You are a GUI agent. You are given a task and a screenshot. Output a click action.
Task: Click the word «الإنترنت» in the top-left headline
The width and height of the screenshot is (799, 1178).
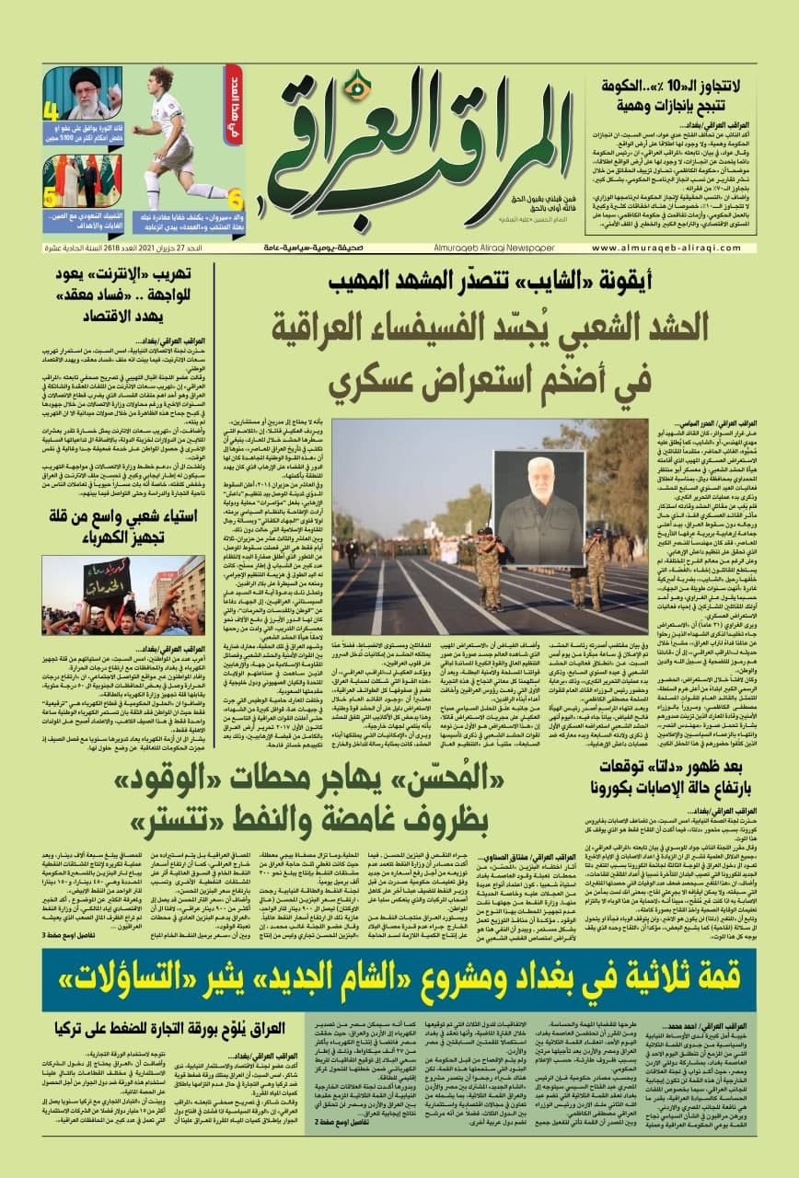coord(122,272)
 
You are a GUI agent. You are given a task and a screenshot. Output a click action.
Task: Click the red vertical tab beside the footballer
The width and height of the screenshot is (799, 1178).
coord(233,101)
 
